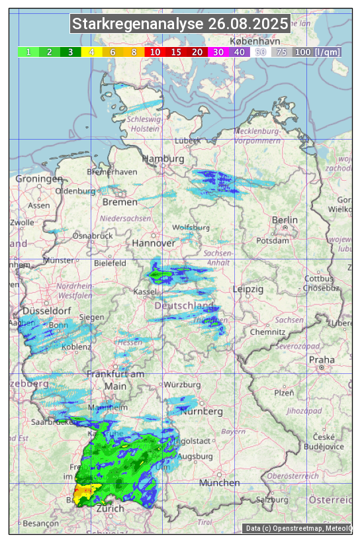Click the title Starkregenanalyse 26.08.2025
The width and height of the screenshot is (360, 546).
[180, 24]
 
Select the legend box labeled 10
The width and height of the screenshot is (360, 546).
[155, 52]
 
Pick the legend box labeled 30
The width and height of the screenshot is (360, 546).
[218, 52]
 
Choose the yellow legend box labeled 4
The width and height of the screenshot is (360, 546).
[91, 52]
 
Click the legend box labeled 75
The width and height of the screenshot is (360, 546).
[281, 52]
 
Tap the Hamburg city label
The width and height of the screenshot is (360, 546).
[163, 159]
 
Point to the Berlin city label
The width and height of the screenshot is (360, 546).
[285, 220]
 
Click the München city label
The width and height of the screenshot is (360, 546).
[219, 483]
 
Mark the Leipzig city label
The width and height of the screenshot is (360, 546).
[248, 289]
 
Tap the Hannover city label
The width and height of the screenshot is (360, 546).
[153, 243]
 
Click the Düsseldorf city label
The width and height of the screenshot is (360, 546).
[42, 310]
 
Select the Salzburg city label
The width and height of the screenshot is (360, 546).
[274, 500]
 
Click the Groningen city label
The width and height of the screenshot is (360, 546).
[39, 179]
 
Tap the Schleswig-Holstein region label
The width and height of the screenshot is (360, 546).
[144, 124]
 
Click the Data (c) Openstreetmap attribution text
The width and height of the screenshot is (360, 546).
[298, 528]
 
